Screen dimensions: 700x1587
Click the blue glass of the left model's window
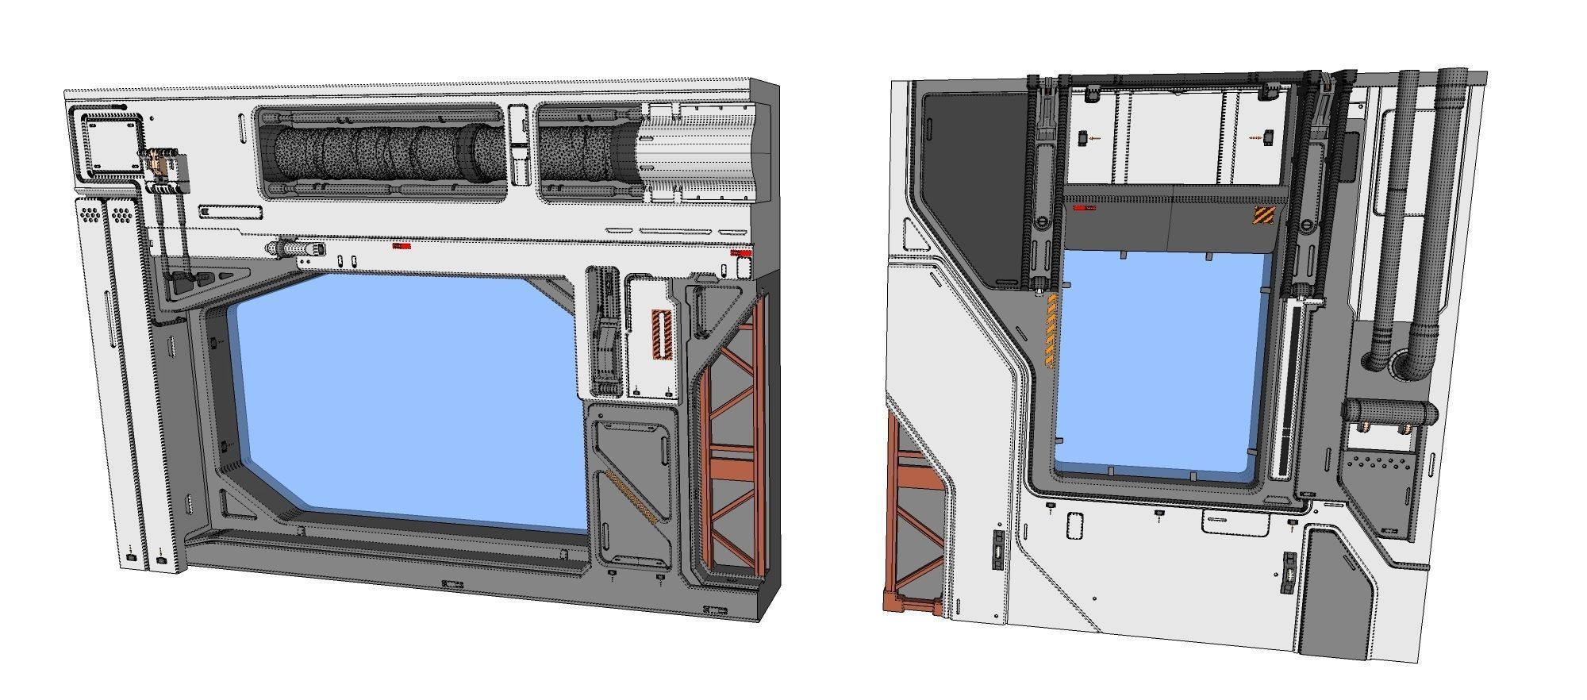pyautogui.click(x=405, y=397)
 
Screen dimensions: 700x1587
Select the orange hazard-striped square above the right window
pyautogui.click(x=1262, y=215)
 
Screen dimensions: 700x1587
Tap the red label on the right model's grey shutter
pyautogui.click(x=1084, y=208)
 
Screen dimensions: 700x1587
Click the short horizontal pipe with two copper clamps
pyautogui.click(x=1389, y=412)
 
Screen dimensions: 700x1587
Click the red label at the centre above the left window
pyautogui.click(x=402, y=246)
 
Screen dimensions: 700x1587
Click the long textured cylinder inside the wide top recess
pyautogui.click(x=381, y=155)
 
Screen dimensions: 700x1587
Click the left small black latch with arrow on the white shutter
pyautogui.click(x=1083, y=138)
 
